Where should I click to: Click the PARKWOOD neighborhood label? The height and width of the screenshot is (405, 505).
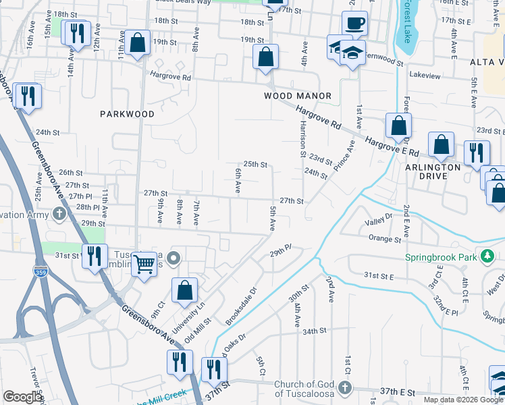pos(128,114)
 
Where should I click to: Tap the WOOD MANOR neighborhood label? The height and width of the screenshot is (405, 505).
pos(298,97)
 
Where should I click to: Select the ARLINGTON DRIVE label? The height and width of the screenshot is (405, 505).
pos(433,171)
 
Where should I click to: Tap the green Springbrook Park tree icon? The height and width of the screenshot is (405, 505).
pos(486,256)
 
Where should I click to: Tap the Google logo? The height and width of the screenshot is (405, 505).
pos(22,397)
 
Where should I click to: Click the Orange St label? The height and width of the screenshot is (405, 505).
pos(380,238)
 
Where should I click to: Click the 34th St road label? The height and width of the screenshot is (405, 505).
pos(314,331)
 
